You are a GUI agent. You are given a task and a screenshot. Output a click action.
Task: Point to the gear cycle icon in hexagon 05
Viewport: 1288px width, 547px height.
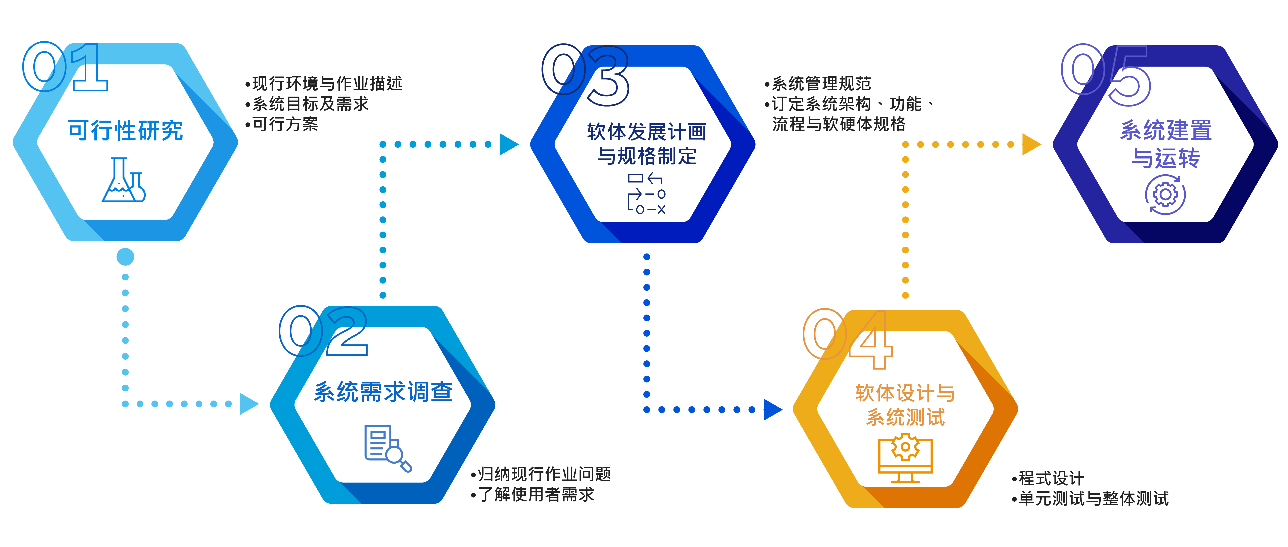[x=1165, y=195]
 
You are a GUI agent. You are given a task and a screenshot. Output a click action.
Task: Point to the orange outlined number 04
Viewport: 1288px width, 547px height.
[x=848, y=338]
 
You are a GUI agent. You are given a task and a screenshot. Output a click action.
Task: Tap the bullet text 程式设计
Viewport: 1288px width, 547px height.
[x=1050, y=478]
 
